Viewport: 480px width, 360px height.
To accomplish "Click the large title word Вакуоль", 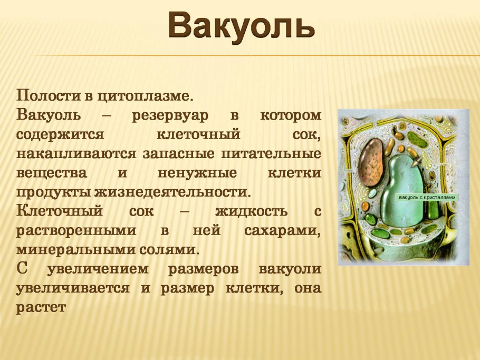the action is point(241,26).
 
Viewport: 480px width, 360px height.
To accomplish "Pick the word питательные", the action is point(271,153).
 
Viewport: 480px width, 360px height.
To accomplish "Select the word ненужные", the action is point(197,173).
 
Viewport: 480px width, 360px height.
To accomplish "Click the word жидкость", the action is point(251,211).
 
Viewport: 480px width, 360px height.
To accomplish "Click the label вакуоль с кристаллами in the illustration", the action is point(427,198).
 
